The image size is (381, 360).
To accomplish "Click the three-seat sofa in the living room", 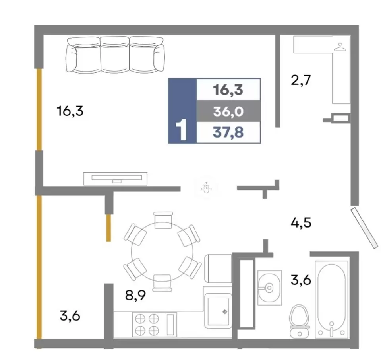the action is click(x=115, y=55).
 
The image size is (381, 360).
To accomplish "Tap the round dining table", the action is click(x=162, y=251).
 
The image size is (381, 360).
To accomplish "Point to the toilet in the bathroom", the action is click(x=300, y=321).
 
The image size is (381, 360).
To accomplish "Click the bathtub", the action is click(x=331, y=299).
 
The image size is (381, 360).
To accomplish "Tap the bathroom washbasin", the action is click(x=269, y=288).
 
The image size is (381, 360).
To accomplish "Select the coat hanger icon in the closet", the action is click(x=340, y=47).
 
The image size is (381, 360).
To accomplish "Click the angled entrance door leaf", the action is click(x=364, y=228).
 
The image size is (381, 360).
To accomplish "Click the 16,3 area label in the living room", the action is click(x=70, y=111).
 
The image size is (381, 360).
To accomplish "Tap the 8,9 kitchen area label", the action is click(x=135, y=295).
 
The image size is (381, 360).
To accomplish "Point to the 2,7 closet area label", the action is click(x=301, y=80).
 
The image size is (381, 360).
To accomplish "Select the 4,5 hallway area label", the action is click(x=301, y=222).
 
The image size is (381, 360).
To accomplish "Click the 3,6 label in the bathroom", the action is click(x=301, y=280).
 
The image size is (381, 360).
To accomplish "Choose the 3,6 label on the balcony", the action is click(x=70, y=316).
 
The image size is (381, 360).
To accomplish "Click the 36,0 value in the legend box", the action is click(x=228, y=111).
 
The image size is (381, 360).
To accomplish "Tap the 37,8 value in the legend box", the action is click(x=228, y=132).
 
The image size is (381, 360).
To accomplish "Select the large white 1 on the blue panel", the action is click(x=182, y=130).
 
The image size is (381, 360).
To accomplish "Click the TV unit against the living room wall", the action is click(x=115, y=179).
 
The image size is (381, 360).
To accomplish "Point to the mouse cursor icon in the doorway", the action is click(x=206, y=188).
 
